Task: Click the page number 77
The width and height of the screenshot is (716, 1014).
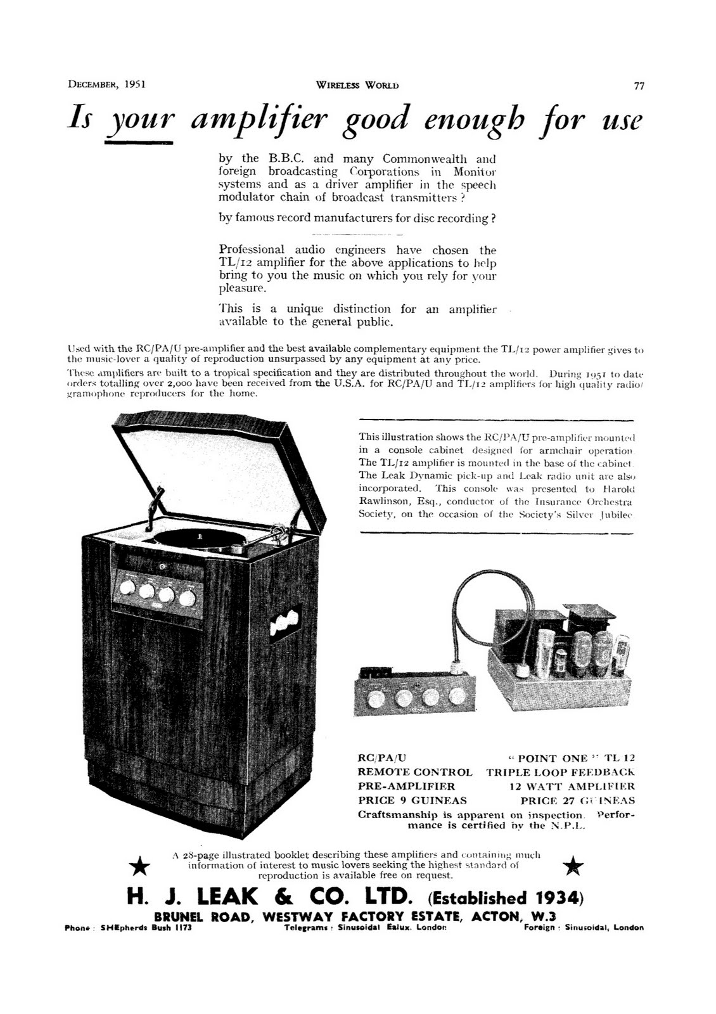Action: (x=639, y=86)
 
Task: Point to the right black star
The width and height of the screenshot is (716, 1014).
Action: (x=573, y=863)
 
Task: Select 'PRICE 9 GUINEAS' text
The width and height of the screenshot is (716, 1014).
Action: (x=412, y=800)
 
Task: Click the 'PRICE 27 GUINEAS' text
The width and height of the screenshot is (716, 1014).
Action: (x=577, y=800)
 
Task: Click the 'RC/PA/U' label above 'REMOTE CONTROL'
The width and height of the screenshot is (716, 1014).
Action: (x=382, y=758)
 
